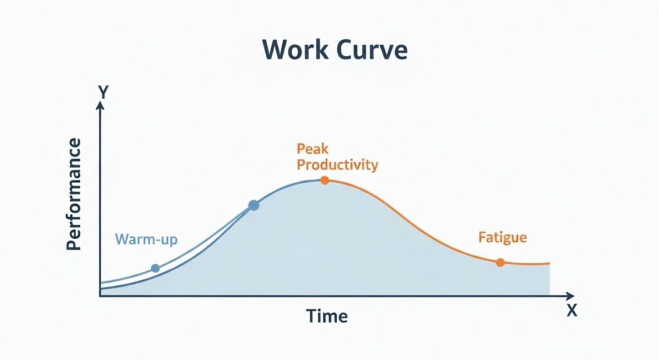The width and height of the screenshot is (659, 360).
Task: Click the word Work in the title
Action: tap(295, 50)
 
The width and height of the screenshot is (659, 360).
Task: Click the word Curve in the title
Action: tap(373, 50)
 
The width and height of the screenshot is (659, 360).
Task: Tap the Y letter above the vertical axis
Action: tap(103, 91)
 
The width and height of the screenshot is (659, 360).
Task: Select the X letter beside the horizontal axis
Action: tap(571, 310)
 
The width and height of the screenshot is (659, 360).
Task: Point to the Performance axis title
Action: tap(73, 194)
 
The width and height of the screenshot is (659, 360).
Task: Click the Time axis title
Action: tap(327, 316)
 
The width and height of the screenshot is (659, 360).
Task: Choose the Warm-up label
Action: tap(146, 240)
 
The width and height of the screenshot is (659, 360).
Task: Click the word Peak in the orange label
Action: tap(313, 149)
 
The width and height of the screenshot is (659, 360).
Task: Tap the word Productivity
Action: tap(337, 164)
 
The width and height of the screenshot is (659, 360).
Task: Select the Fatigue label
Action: tap(503, 237)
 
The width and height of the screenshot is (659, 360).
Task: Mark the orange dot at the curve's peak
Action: tap(324, 180)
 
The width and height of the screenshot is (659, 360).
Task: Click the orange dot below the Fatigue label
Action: tap(500, 262)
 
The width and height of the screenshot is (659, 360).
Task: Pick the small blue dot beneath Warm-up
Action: tap(155, 269)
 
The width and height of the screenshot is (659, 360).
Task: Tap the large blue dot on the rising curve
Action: tap(254, 205)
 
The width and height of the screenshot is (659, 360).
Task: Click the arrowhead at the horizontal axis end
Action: tap(570, 296)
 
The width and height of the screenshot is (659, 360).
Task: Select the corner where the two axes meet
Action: tap(100, 296)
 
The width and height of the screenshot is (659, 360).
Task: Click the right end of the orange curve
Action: tap(550, 263)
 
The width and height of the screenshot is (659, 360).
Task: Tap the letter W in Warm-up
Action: tap(121, 239)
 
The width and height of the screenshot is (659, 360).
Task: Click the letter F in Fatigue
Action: tap(482, 237)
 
